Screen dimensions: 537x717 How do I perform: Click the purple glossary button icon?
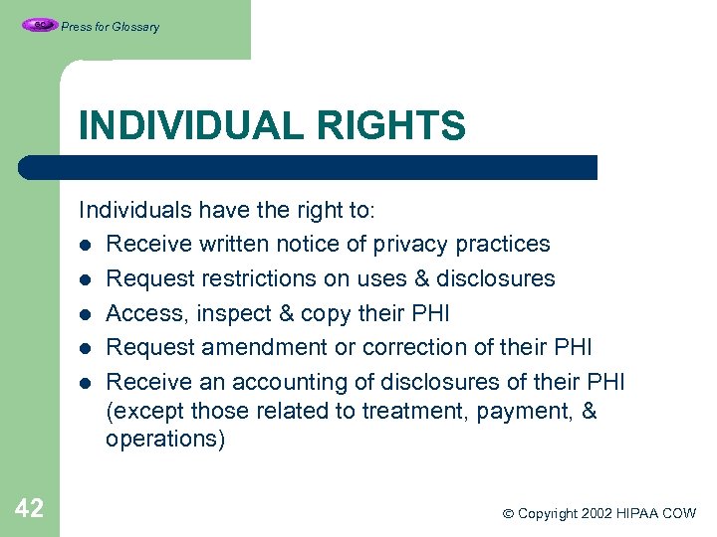tap(39, 25)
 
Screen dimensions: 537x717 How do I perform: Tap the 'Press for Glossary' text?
tap(110, 27)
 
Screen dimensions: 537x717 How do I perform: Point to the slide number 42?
tap(29, 509)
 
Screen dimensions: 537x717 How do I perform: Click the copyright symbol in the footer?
tap(507, 514)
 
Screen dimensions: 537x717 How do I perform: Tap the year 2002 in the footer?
tap(594, 514)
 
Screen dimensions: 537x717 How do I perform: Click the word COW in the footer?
tap(678, 514)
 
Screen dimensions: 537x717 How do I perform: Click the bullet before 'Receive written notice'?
tap(88, 245)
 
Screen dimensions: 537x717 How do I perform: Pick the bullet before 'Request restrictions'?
tap(88, 279)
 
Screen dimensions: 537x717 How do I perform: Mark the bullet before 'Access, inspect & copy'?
tap(88, 314)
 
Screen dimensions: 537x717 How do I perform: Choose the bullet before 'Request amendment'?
tap(88, 348)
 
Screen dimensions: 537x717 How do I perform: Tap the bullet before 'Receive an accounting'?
tap(88, 383)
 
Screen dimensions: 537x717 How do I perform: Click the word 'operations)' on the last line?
tap(165, 440)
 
